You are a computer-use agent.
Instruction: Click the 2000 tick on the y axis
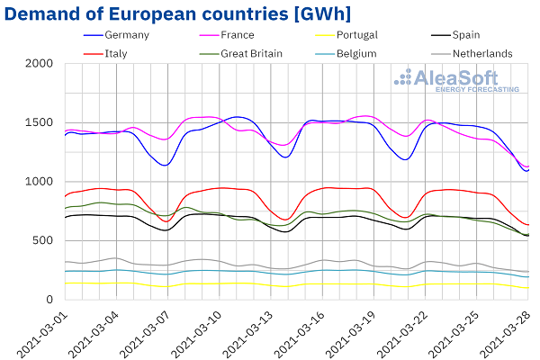pyautogui.click(x=39, y=64)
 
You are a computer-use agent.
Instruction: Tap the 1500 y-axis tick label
pyautogui.click(x=39, y=123)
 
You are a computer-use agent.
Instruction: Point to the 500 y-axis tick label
pyautogui.click(x=42, y=241)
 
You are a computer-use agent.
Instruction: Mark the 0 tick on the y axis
pyautogui.click(x=49, y=300)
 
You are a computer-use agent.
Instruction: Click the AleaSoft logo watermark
pyautogui.click(x=458, y=80)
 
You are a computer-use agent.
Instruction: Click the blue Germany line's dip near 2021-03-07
pyautogui.click(x=165, y=165)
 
